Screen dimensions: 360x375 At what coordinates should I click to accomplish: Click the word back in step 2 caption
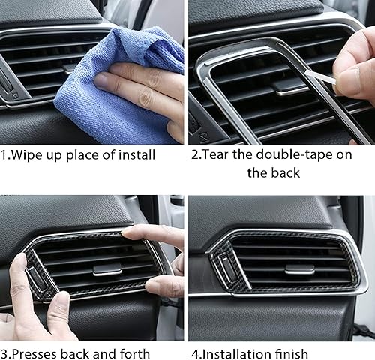(283, 172)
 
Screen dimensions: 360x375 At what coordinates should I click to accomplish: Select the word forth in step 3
(134, 353)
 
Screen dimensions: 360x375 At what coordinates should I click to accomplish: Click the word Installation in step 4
(235, 353)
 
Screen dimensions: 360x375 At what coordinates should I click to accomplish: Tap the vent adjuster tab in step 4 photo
(299, 268)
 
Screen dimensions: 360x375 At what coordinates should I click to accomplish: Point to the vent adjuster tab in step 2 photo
(289, 86)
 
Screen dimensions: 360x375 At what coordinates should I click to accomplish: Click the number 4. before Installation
(195, 353)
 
